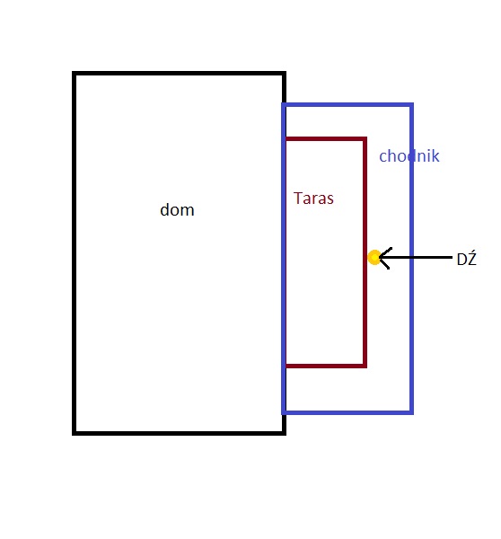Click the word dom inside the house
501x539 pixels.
point(177,209)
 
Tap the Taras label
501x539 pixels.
point(313,199)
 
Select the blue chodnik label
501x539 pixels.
point(409,155)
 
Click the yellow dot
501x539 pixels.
point(374,258)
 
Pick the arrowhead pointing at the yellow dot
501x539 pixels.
point(384,258)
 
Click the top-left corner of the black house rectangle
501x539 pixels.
point(74,74)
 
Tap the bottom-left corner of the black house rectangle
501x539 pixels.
point(74,433)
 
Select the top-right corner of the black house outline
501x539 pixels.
point(285,74)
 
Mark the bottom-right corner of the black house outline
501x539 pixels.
point(285,433)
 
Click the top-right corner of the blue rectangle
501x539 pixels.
point(411,104)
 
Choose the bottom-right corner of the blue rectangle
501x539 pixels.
point(411,412)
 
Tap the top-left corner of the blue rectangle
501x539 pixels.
point(284,104)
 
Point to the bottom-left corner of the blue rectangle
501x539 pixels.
point(284,412)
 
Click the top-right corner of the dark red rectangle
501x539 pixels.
point(365,139)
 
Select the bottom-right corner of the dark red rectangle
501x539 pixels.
point(365,366)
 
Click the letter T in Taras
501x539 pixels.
point(298,199)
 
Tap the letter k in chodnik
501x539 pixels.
point(435,155)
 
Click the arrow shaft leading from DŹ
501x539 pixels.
point(416,257)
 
